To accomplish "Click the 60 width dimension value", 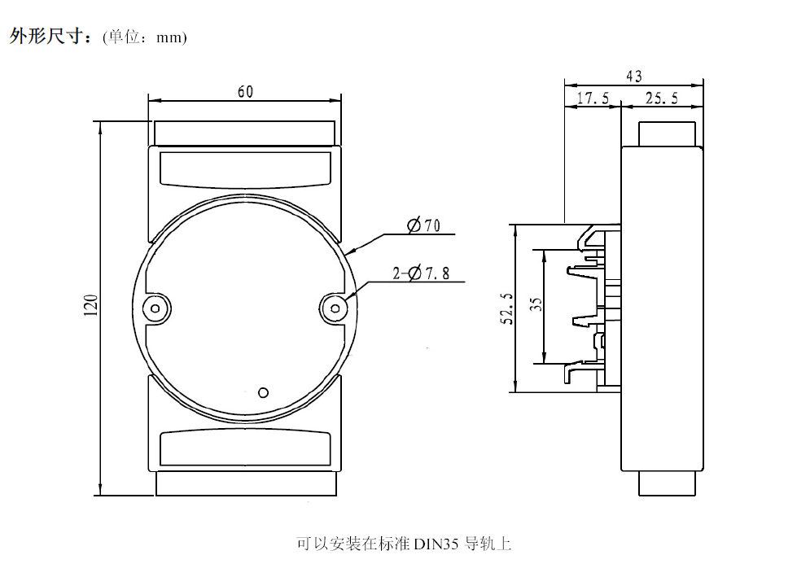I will (245, 92).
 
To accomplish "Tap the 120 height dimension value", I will (91, 306).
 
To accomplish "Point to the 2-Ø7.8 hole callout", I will (421, 273).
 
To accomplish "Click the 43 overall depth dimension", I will (634, 76).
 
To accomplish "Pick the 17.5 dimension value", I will (593, 98).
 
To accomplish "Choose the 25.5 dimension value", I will (662, 98).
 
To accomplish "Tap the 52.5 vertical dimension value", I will (506, 308).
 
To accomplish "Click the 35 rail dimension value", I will (536, 304).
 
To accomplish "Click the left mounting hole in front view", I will (154, 308).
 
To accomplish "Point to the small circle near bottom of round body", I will (263, 392).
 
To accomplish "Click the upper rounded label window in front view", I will (244, 168).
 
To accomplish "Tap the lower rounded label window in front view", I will (244, 448).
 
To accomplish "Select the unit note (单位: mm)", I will (145, 37).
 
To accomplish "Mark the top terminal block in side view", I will (667, 133).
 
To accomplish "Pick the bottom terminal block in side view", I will (667, 483).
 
